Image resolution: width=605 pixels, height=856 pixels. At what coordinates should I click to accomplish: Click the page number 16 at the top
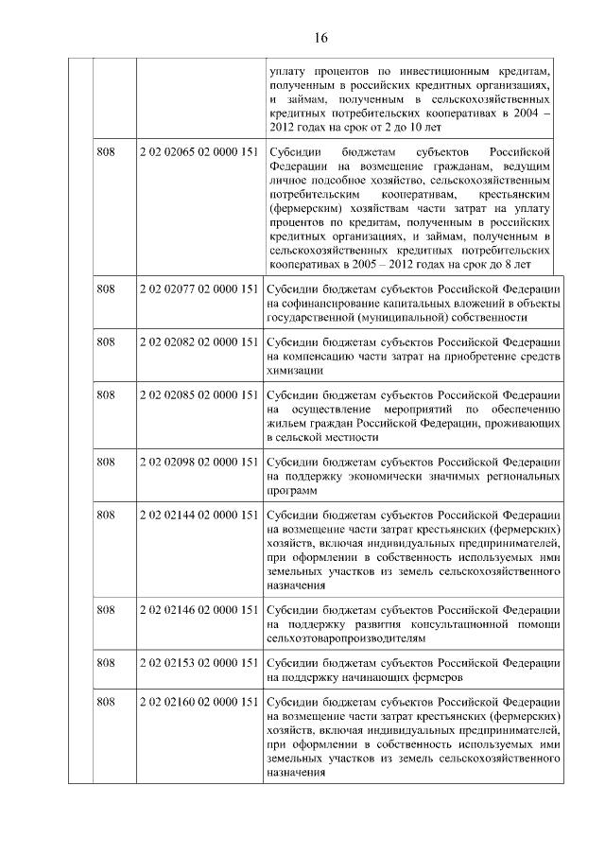tap(320, 38)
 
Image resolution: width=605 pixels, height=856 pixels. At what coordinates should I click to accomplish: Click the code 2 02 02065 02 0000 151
tap(199, 151)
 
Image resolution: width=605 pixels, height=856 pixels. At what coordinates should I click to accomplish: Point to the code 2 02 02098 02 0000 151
tap(199, 461)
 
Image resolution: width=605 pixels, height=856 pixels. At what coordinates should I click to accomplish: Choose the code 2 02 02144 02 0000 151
tap(199, 515)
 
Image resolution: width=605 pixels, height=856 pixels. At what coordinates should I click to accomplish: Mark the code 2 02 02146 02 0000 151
tap(199, 609)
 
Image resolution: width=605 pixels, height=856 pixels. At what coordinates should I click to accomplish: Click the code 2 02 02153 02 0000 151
tap(199, 662)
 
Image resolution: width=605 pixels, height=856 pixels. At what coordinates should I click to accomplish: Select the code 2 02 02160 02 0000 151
tap(199, 702)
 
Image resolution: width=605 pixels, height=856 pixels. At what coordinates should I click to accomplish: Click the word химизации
tap(296, 371)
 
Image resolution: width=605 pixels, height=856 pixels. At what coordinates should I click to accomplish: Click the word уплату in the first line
tap(287, 70)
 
